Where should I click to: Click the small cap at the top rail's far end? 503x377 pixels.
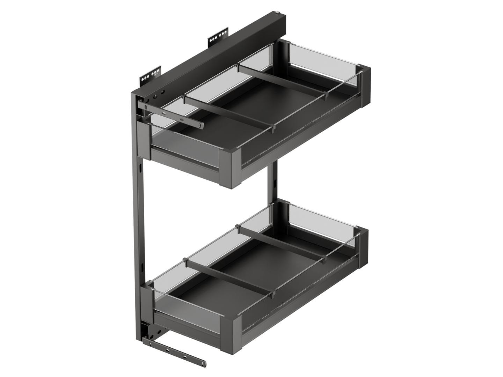point(277,13)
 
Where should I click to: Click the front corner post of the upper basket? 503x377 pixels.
point(229,168)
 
